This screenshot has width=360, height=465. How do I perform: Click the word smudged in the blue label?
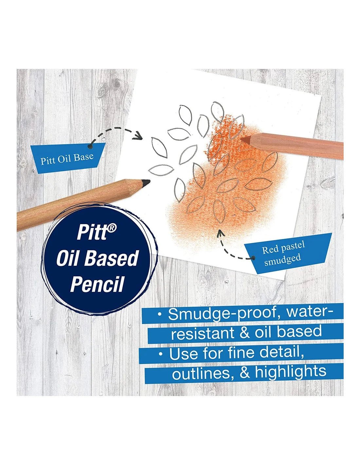pyautogui.click(x=282, y=260)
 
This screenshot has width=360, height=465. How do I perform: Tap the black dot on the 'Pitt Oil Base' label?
pyautogui.click(x=90, y=146)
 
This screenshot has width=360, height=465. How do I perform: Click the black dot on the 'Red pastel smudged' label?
pyautogui.click(x=254, y=258)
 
